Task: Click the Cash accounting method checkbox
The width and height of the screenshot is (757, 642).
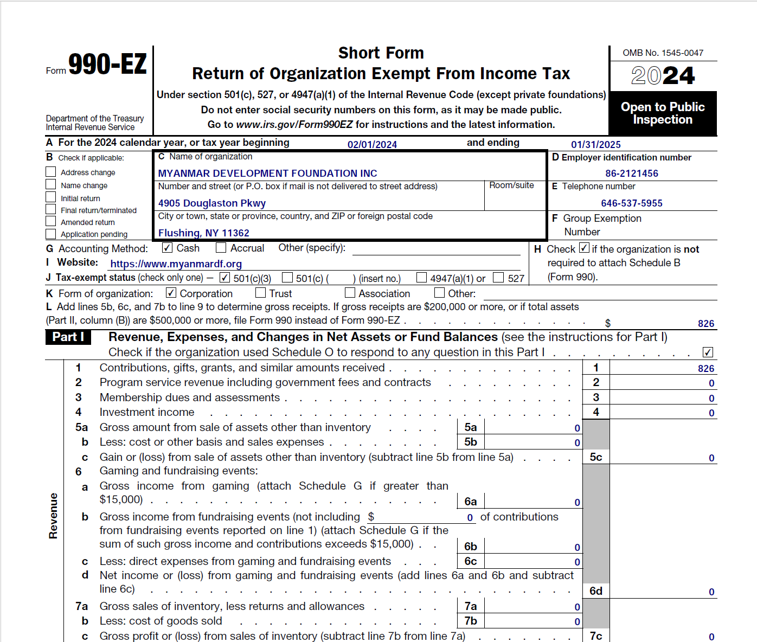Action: (x=167, y=248)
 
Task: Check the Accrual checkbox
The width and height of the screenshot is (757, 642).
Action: (x=221, y=248)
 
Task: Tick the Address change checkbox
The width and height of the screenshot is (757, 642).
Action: (x=51, y=172)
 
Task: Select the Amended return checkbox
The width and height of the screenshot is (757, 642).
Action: (x=51, y=221)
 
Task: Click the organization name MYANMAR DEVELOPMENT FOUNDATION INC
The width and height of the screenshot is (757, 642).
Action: (x=267, y=174)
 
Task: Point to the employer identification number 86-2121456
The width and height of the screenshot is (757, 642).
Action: (x=632, y=174)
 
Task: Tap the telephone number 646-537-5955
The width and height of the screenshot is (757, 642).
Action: (x=632, y=203)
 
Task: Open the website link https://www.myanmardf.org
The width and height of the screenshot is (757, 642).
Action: (x=176, y=264)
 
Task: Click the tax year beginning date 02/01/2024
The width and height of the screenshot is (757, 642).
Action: (x=372, y=145)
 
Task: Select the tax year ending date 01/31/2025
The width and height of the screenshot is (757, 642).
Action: (x=595, y=145)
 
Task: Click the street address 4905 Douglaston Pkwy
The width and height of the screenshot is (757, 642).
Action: (x=212, y=203)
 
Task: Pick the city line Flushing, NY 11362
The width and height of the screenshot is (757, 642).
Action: (x=203, y=233)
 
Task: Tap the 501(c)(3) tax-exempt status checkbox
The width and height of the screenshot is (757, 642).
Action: (x=224, y=278)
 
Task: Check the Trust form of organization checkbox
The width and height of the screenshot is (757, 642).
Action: (x=260, y=293)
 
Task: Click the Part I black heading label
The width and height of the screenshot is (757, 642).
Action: (x=68, y=337)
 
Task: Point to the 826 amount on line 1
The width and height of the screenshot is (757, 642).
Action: (x=705, y=369)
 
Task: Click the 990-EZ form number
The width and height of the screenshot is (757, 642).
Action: (x=107, y=65)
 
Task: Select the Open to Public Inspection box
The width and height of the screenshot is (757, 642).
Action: (x=663, y=113)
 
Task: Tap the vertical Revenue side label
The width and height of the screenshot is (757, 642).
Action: (x=53, y=516)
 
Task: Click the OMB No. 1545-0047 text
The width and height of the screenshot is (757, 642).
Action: (x=663, y=53)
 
